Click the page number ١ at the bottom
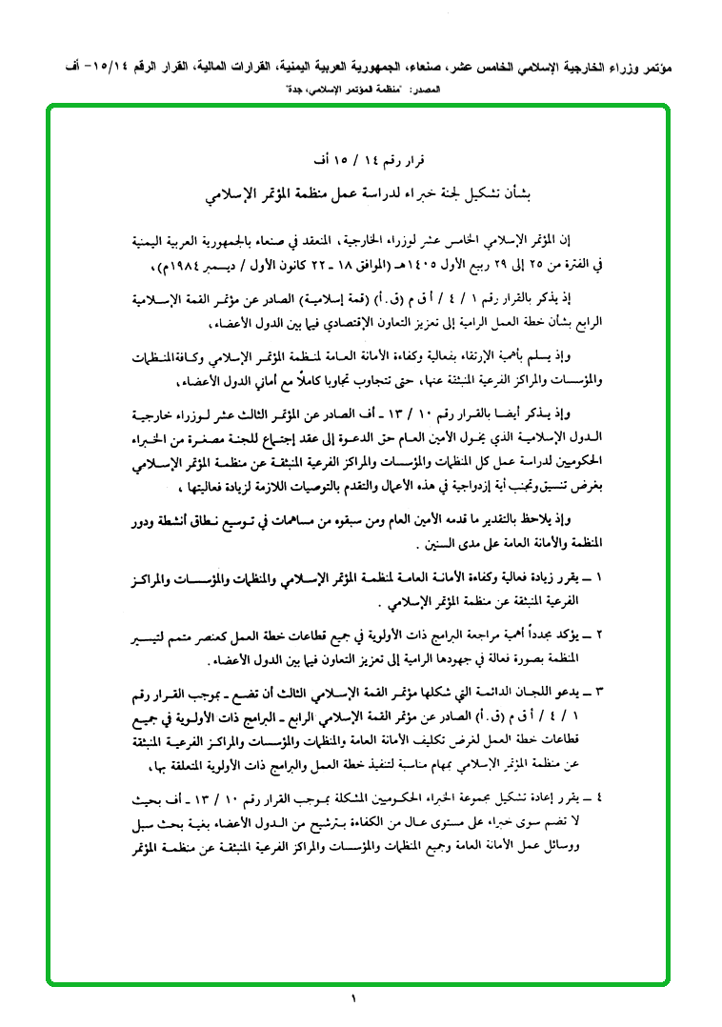352,1000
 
